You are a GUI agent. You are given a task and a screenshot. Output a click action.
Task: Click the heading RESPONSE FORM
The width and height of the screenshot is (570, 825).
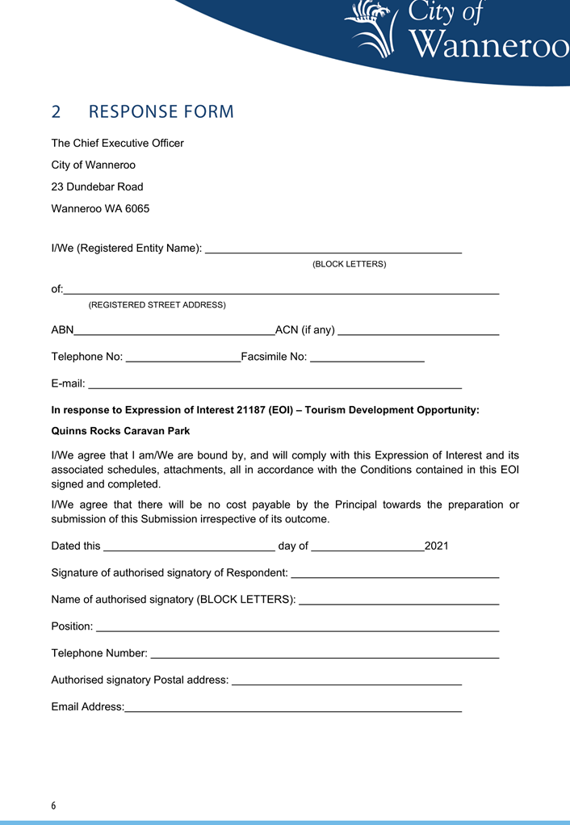point(161,112)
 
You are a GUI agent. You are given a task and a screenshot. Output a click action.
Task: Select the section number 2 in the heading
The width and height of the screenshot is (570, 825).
point(57,112)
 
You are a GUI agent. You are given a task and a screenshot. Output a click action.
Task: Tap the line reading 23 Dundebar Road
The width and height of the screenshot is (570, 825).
point(97,186)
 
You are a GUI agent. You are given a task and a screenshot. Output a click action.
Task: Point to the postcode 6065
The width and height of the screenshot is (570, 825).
point(136,208)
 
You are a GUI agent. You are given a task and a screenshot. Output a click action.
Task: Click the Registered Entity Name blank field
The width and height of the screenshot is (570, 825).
point(333,249)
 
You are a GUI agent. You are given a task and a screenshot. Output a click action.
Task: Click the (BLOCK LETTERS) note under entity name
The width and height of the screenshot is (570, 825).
point(349,264)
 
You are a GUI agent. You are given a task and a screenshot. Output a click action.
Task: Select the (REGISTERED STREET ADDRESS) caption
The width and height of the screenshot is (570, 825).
point(157,305)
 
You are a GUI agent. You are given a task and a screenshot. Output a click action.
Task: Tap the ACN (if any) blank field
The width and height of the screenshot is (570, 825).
point(418,331)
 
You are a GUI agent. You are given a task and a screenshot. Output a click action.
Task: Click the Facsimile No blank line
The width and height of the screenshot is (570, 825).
point(367,358)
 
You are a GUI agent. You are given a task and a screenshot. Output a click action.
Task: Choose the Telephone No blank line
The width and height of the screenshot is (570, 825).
point(183,358)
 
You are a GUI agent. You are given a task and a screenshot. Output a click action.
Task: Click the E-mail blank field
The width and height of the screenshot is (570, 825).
point(275,385)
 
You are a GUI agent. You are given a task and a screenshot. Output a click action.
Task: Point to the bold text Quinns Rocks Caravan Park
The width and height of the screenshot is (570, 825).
point(120,431)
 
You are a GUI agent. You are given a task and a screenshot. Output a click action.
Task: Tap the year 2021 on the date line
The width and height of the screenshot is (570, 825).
point(436,547)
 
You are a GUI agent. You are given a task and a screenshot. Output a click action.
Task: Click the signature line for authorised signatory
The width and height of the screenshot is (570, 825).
point(394,575)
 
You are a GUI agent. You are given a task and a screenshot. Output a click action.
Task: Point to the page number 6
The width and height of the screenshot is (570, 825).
point(54,806)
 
